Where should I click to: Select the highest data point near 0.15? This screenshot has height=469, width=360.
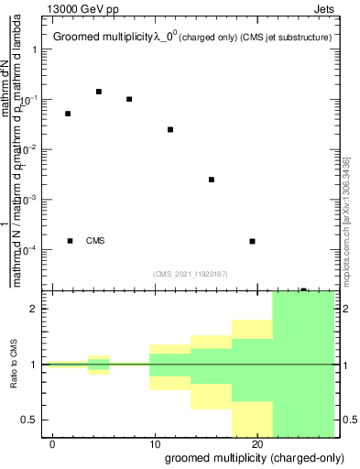coord(99,92)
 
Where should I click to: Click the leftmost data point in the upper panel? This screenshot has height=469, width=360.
coord(68,114)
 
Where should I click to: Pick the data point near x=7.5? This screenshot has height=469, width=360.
coord(129,99)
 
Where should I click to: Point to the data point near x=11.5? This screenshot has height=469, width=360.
coord(170,129)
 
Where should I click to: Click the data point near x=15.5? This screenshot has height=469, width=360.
coord(212,180)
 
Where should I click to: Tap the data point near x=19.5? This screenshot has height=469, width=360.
coord(252,241)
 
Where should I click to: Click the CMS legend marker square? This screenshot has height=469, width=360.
coord(70,241)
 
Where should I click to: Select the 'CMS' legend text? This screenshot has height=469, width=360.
coord(95,241)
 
